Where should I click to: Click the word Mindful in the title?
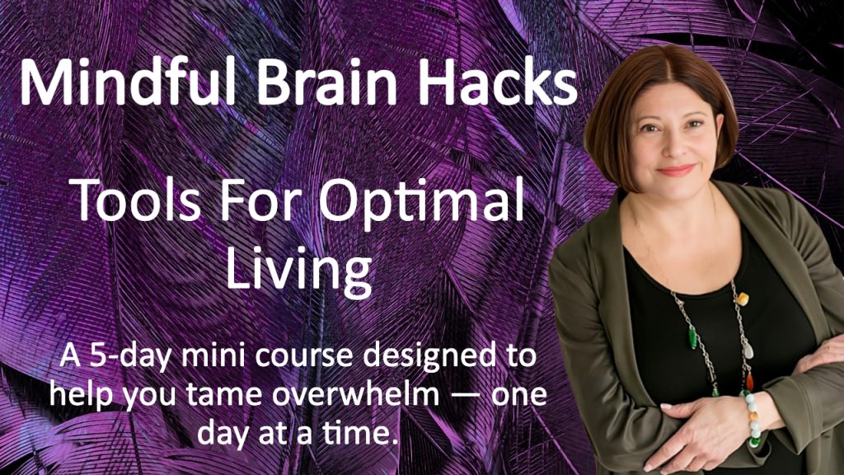click(x=128, y=80)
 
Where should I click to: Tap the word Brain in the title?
click(x=326, y=80)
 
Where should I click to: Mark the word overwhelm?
click(x=356, y=395)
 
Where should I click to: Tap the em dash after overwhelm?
click(x=466, y=397)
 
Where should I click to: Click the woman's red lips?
click(x=676, y=171)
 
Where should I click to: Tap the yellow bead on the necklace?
click(x=743, y=299)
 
